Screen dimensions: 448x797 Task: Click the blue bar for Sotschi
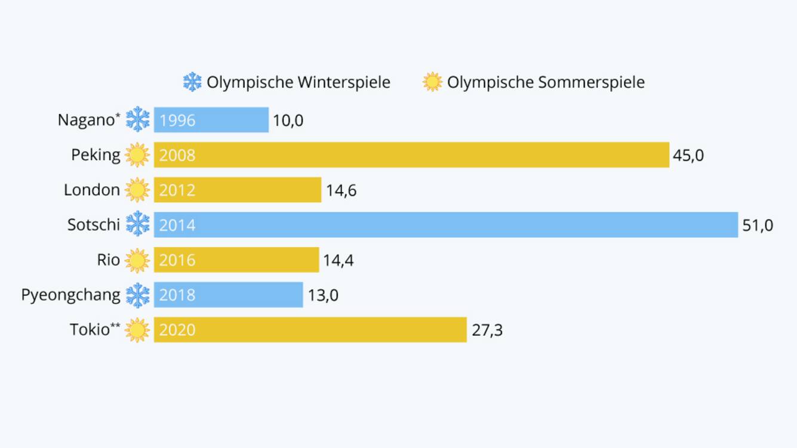(446, 225)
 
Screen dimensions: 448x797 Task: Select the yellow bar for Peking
(411, 155)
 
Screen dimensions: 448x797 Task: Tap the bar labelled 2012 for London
(238, 190)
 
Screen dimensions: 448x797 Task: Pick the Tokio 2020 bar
(310, 330)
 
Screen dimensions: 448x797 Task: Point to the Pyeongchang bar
(229, 295)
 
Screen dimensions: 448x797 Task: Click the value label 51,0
(758, 225)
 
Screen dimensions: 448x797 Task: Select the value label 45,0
(688, 156)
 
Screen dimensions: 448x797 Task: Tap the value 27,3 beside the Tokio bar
(487, 330)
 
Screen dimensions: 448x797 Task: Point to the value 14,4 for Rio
(339, 261)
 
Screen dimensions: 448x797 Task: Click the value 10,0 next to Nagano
(288, 121)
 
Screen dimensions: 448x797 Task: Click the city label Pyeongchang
(70, 295)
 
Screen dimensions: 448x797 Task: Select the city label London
(92, 190)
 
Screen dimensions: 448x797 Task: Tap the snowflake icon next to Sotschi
(138, 225)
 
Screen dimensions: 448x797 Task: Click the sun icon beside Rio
(137, 260)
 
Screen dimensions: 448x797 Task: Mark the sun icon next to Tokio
(137, 330)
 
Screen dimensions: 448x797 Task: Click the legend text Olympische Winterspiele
(299, 82)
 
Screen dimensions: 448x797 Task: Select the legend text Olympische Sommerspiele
(546, 82)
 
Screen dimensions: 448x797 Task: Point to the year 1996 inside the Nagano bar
(177, 121)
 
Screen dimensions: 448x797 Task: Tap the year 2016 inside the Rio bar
(177, 261)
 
